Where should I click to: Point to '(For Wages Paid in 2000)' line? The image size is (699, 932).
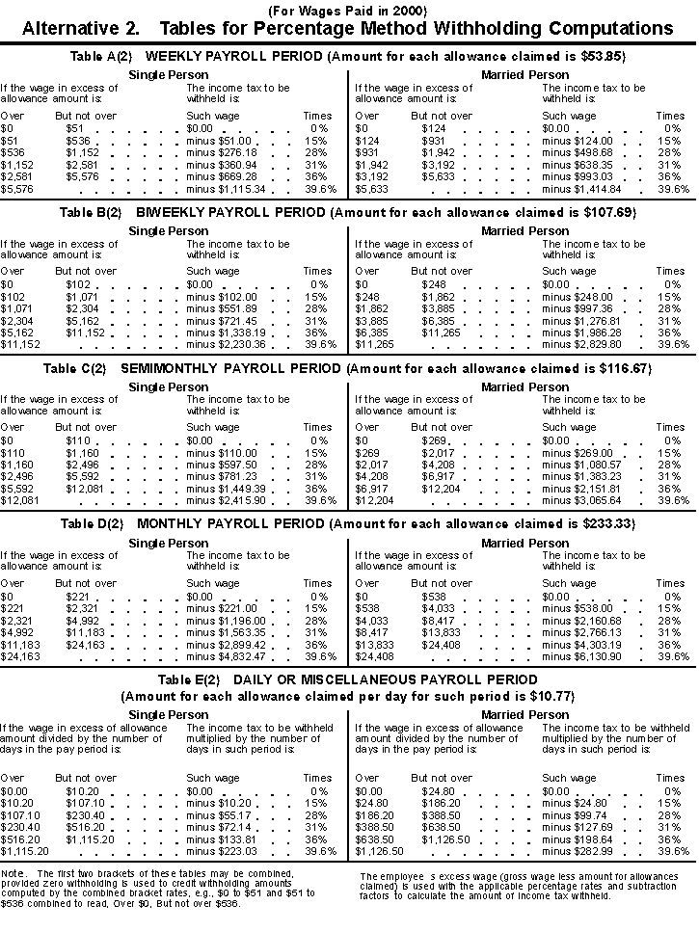349,10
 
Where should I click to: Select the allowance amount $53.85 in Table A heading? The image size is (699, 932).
603,56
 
